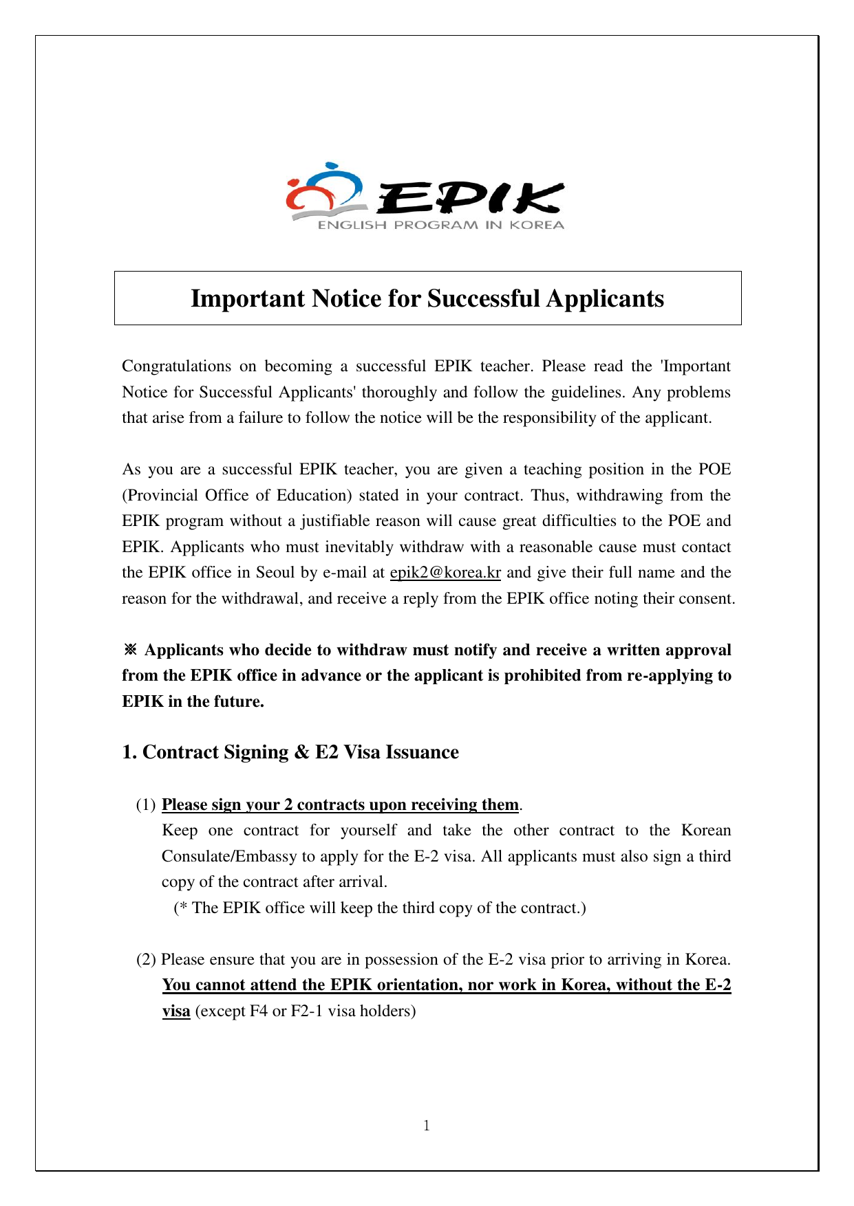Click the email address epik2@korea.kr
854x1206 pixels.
click(445, 573)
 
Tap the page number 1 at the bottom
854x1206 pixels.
click(427, 1126)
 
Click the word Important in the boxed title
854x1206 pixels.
click(248, 298)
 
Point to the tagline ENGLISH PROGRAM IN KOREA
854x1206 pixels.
click(440, 225)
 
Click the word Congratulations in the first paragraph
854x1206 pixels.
click(176, 366)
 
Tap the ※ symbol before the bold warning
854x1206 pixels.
click(131, 650)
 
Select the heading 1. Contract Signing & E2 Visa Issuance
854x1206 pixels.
click(290, 752)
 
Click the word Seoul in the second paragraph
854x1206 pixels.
click(275, 573)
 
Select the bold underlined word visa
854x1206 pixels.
click(176, 1011)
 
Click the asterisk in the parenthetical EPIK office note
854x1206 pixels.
click(183, 908)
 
